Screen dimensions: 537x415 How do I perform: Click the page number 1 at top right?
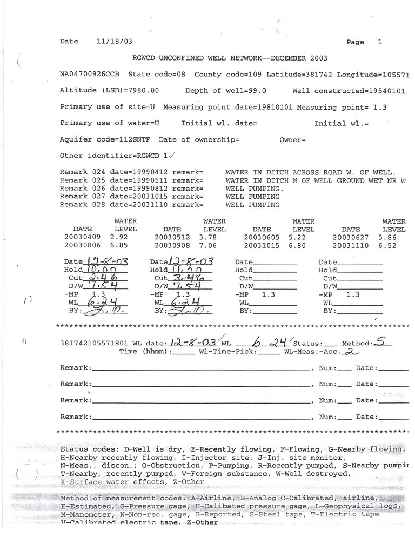click(380, 42)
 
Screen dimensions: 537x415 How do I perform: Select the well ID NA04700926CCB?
click(90, 74)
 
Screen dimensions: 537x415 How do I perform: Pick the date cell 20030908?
click(172, 245)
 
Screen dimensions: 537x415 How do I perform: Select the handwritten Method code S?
click(381, 342)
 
